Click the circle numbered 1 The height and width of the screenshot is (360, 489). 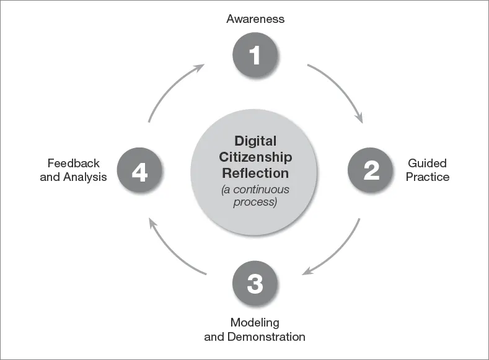pos(255,55)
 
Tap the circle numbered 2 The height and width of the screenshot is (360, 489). pos(371,170)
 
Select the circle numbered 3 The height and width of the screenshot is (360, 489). pos(255,284)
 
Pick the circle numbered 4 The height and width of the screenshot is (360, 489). pos(139,170)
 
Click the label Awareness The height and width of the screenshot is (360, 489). pos(255,19)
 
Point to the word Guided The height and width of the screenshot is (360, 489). pos(427,164)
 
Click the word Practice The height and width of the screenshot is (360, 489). pos(428,177)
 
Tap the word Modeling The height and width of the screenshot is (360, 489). pos(255,323)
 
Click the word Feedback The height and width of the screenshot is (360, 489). pos(74,164)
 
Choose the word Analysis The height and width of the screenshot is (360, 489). pos(86,177)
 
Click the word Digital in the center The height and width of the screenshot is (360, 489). pos(255,141)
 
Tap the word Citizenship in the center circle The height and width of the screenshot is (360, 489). pos(255,157)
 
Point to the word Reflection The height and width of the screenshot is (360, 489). pos(255,173)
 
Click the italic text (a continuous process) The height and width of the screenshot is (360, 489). pos(255,196)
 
